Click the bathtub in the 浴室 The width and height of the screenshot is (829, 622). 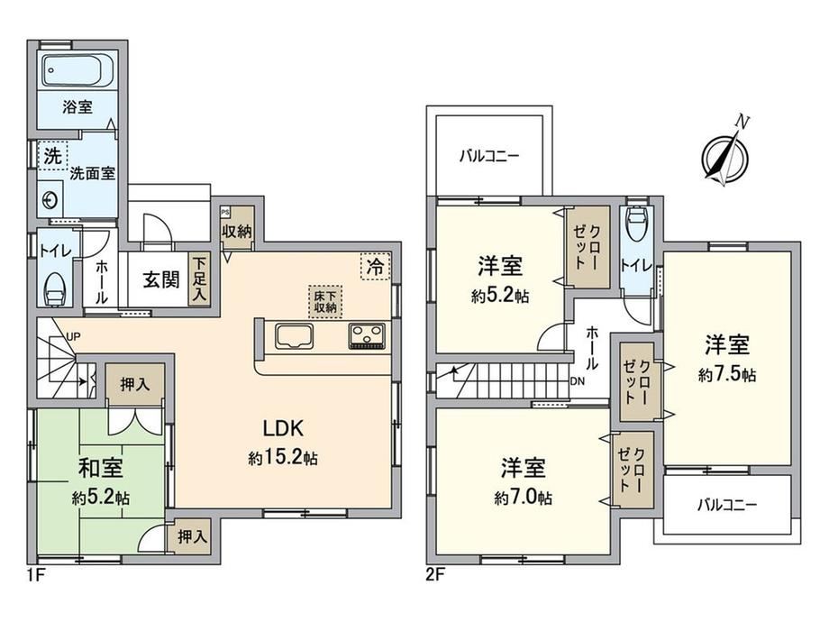click(x=77, y=70)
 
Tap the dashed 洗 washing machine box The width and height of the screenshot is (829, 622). click(x=52, y=155)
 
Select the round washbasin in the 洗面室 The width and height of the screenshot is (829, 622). click(x=50, y=200)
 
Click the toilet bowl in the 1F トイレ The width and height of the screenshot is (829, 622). click(x=55, y=289)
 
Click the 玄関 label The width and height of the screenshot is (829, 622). click(x=161, y=279)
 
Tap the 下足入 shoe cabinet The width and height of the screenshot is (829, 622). click(x=199, y=279)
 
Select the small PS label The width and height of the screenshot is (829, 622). click(x=225, y=212)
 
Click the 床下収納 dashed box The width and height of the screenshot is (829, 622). click(x=325, y=302)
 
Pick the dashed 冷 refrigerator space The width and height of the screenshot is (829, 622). click(x=376, y=266)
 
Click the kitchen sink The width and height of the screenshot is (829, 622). click(x=294, y=336)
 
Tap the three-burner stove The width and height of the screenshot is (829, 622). click(x=367, y=336)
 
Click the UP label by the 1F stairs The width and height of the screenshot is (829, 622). click(x=73, y=336)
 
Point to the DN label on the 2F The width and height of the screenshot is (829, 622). click(x=578, y=381)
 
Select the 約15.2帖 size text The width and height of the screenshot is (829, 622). click(x=283, y=457)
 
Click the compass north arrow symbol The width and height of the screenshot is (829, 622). click(x=725, y=153)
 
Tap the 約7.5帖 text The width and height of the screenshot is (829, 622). click(x=727, y=375)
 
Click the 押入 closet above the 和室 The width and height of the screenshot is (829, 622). click(x=135, y=384)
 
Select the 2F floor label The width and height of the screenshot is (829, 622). click(x=435, y=574)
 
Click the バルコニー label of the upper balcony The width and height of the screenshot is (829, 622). click(x=489, y=157)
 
